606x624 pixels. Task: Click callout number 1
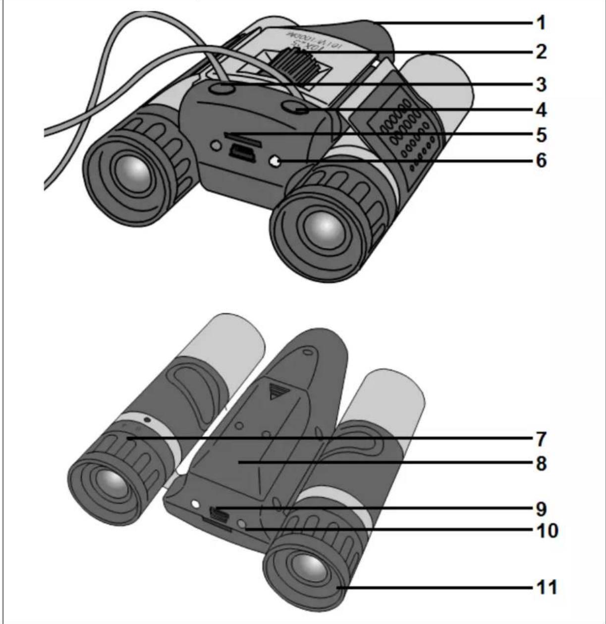(541, 22)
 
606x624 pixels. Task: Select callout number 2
(541, 51)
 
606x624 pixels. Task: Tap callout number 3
(541, 84)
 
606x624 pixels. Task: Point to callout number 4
(541, 110)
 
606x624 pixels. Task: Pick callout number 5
(541, 134)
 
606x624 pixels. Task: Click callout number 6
(541, 161)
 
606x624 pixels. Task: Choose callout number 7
(541, 439)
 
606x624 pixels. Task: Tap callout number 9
(541, 509)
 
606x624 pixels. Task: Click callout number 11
(545, 588)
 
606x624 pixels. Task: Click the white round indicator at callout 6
(274, 161)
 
